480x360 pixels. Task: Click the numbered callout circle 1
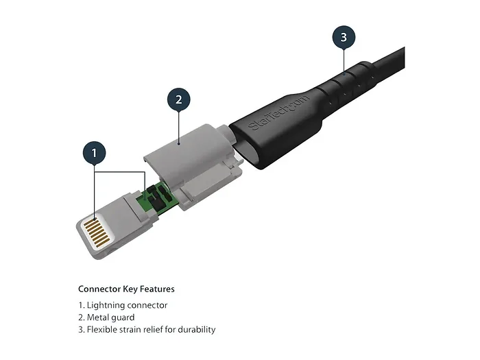(95, 152)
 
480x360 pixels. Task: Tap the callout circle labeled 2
(178, 99)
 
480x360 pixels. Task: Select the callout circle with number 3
(344, 36)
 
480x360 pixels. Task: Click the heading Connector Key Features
(126, 289)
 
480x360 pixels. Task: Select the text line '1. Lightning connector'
(123, 305)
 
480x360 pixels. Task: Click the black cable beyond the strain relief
(393, 56)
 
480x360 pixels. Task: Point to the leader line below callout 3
(344, 58)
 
